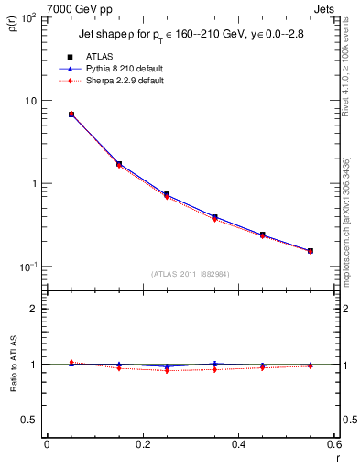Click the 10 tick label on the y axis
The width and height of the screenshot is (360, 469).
[x=28, y=101]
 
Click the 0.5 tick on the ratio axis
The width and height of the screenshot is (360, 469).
[x=29, y=420]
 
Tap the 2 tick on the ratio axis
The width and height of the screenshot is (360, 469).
[x=34, y=309]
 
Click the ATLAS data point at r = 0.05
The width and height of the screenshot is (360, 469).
[x=71, y=115]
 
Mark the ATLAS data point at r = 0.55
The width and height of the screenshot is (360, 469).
[x=311, y=251]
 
